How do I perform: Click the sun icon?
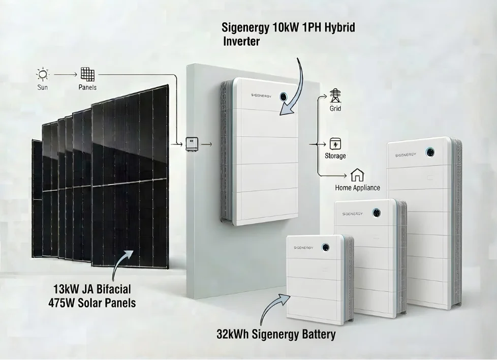click(x=43, y=74)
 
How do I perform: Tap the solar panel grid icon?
click(x=87, y=74)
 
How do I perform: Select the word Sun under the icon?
click(x=43, y=87)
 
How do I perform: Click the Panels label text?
click(x=87, y=87)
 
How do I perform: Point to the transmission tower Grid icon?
click(x=335, y=96)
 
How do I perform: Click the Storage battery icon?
click(x=335, y=143)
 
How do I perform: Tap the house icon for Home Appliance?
click(x=357, y=175)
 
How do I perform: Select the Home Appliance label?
click(x=357, y=188)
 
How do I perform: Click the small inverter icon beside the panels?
click(x=192, y=144)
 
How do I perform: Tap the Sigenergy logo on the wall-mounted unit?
click(x=254, y=95)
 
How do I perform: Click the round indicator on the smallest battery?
click(x=325, y=247)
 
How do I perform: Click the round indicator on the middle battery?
click(x=378, y=212)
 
